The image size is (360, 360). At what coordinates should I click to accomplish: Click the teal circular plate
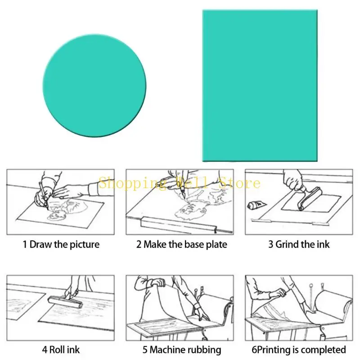point(94,85)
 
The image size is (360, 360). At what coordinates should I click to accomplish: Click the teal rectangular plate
point(260,85)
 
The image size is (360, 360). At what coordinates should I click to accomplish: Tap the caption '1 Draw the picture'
point(61,245)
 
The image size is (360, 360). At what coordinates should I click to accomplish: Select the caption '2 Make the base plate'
point(182,245)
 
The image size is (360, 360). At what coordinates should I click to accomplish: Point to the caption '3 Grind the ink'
point(299,245)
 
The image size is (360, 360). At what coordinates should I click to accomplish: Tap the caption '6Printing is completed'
point(299,350)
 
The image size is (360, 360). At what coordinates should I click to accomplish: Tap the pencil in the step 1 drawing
point(43,193)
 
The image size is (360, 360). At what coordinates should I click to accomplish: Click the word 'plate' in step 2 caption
point(216,245)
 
